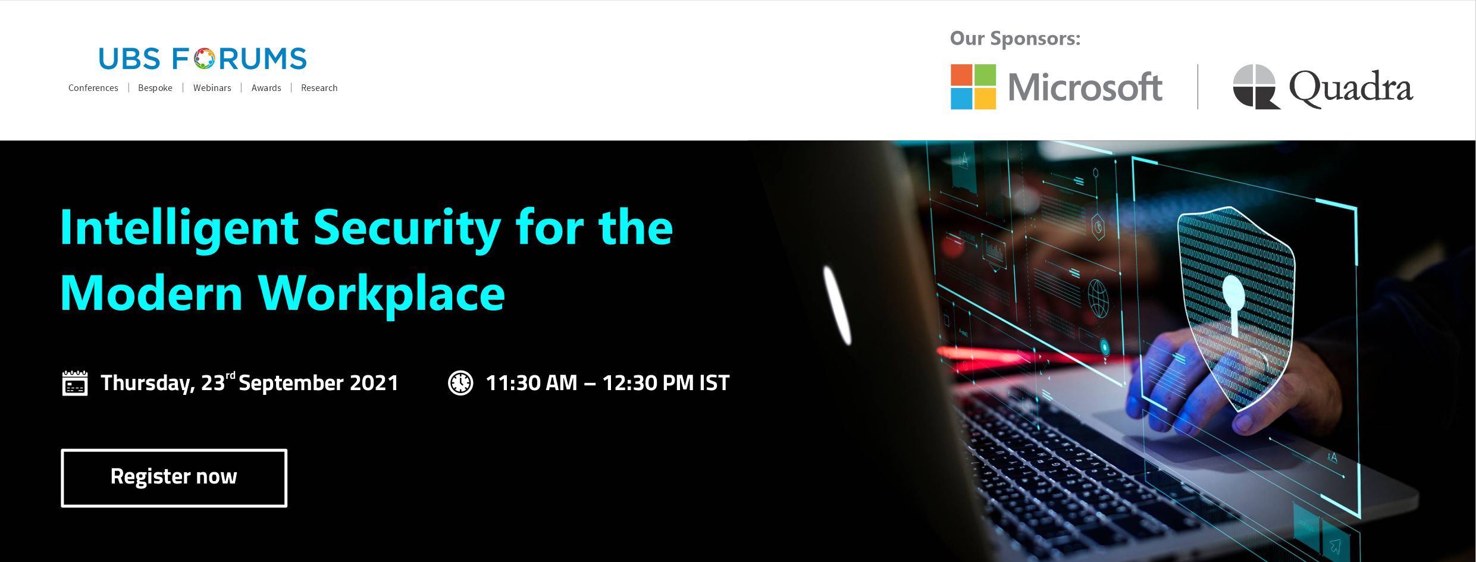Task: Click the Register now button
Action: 174,478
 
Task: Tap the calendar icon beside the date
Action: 75,383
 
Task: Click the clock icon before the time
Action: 460,383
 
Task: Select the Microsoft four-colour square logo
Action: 973,87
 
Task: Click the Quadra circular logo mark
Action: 1256,87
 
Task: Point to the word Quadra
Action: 1350,88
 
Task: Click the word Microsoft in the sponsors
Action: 1085,87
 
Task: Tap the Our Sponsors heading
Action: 1015,39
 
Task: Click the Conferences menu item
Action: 93,88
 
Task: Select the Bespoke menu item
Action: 155,88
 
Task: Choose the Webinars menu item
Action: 212,88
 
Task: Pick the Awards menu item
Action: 266,88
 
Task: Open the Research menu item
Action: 319,88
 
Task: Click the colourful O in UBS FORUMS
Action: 205,59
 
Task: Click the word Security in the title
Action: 407,229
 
